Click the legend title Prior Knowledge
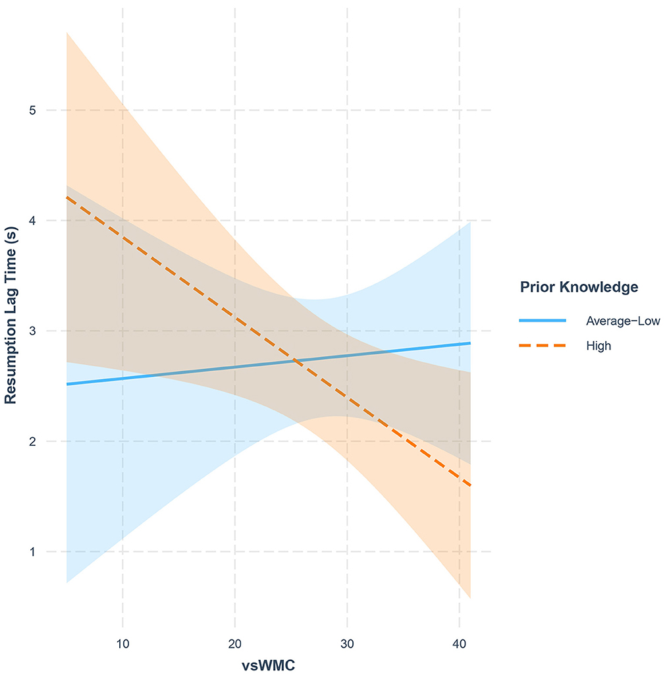coord(579,287)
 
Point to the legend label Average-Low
coord(623,321)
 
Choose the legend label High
coord(599,345)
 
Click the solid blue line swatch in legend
coord(543,320)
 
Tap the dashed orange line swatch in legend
coord(543,345)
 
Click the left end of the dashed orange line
coord(67,198)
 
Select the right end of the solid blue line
coord(470,343)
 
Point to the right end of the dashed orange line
coord(470,486)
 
